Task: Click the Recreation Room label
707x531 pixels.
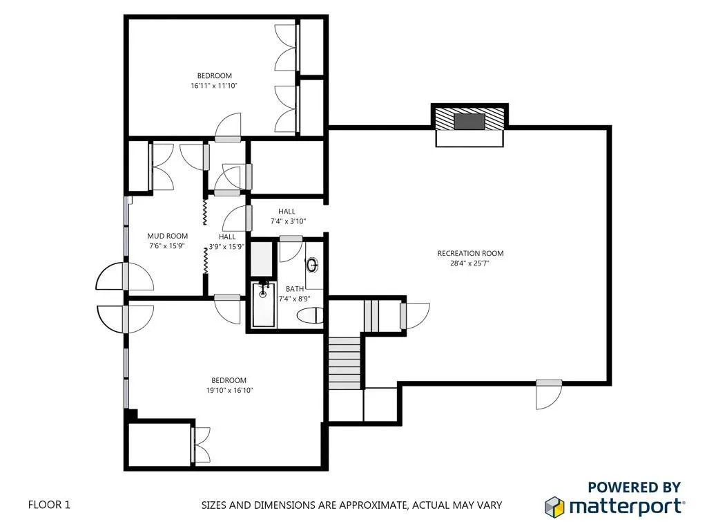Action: coord(470,253)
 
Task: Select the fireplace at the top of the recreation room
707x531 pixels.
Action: coord(469,122)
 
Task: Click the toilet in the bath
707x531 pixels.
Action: coord(310,316)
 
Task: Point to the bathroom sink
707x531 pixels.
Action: coord(313,264)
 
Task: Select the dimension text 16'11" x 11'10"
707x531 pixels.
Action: coord(214,86)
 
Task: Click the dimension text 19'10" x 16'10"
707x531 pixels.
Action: coord(229,390)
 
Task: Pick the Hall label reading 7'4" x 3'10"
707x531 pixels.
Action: coord(287,212)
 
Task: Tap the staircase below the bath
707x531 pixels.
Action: coord(345,362)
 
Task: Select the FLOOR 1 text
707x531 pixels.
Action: coord(49,505)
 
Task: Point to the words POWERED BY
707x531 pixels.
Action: coord(634,487)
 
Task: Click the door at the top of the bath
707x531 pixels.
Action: coord(291,248)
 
